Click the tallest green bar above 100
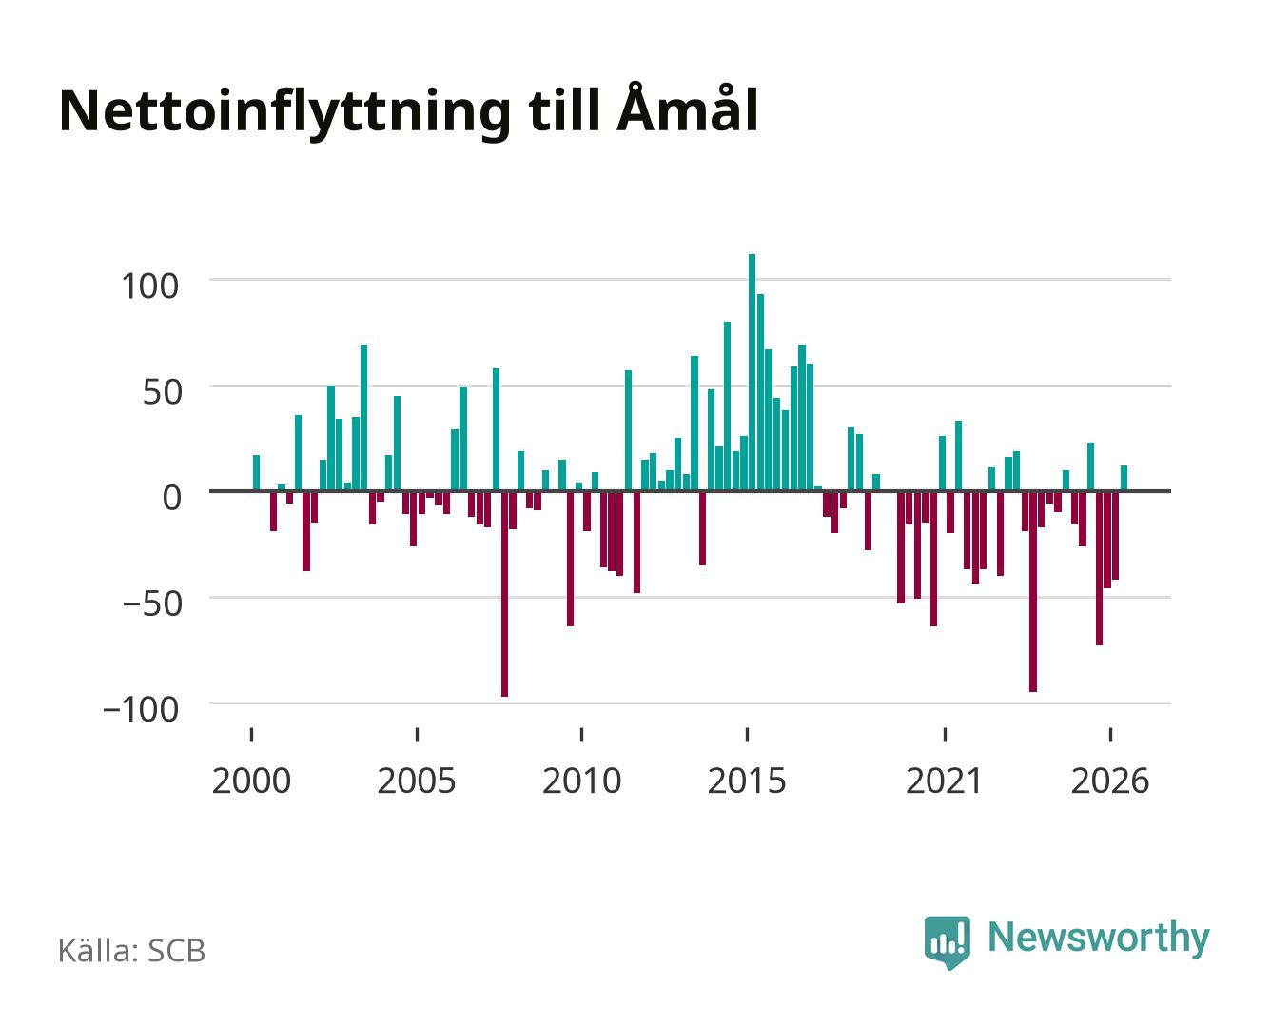(752, 372)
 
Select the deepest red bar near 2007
(504, 593)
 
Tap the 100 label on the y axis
(149, 286)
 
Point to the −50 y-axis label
(152, 603)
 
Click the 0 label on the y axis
(172, 497)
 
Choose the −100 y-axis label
(141, 710)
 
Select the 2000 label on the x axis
(251, 781)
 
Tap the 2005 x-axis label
(417, 781)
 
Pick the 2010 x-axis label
(582, 781)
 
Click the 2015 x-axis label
(747, 781)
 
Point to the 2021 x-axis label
(944, 781)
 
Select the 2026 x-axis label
(1110, 781)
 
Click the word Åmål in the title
(688, 109)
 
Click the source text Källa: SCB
(132, 950)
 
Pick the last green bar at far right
(1124, 478)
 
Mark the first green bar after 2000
(256, 473)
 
